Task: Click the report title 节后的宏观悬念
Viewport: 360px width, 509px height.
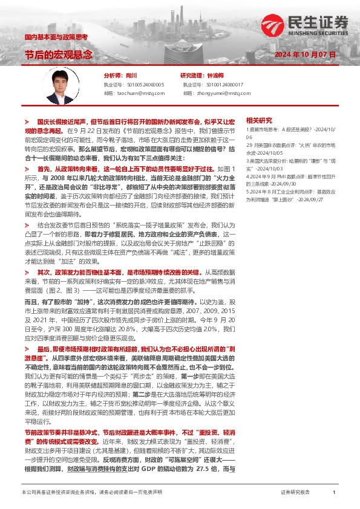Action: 59,54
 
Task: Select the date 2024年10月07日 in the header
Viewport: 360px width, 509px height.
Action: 305,54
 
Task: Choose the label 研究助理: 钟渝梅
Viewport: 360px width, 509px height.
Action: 201,76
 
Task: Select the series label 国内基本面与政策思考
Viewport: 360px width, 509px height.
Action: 56,37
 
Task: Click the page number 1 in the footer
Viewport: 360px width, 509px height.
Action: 334,493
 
